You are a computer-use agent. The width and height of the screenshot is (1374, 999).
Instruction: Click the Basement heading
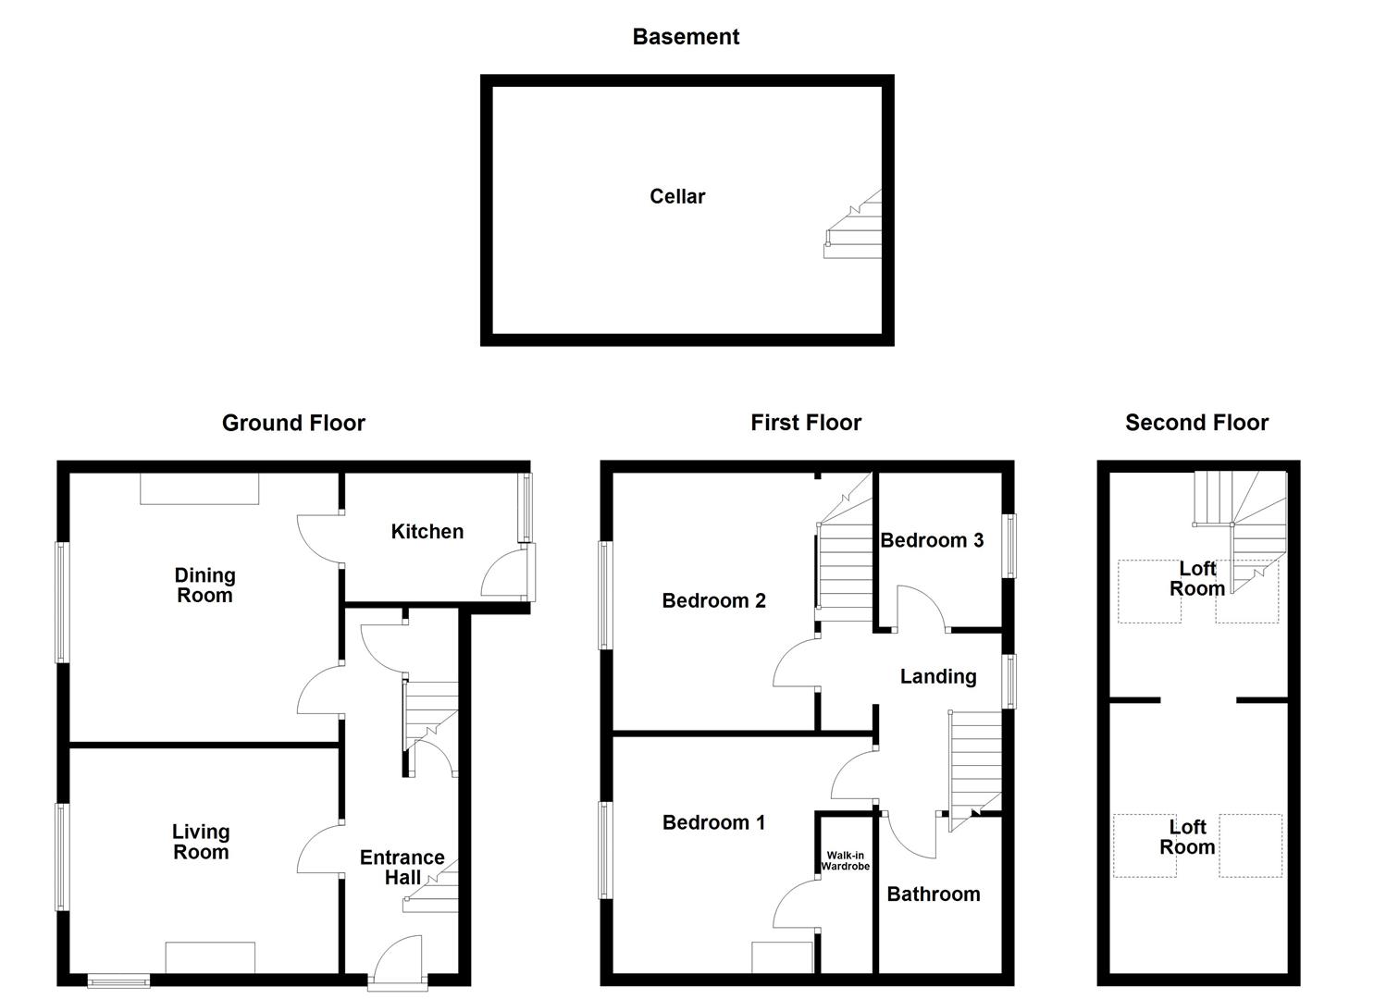pyautogui.click(x=686, y=37)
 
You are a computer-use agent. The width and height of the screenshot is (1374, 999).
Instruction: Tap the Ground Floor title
pyautogui.click(x=293, y=423)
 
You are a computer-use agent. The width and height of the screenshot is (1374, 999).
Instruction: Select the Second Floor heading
pyautogui.click(x=1196, y=423)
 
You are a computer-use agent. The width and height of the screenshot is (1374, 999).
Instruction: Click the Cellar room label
pyautogui.click(x=677, y=196)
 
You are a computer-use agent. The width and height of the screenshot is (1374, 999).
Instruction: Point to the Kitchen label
pyautogui.click(x=427, y=531)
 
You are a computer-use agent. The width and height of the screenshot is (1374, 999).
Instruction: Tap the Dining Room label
pyautogui.click(x=204, y=586)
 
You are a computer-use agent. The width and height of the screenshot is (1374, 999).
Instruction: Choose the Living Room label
pyautogui.click(x=201, y=842)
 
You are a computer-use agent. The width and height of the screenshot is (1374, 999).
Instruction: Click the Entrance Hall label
pyautogui.click(x=402, y=867)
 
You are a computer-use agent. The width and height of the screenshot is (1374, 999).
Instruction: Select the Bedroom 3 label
pyautogui.click(x=931, y=540)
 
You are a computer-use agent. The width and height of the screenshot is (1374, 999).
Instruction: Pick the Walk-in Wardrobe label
pyautogui.click(x=846, y=861)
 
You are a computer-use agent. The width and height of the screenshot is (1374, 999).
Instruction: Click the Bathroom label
pyautogui.click(x=933, y=894)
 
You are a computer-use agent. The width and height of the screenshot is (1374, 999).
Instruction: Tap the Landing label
pyautogui.click(x=938, y=676)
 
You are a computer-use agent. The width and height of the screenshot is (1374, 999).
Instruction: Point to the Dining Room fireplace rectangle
pyautogui.click(x=199, y=488)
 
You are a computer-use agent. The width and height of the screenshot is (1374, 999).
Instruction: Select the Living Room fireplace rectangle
pyautogui.click(x=210, y=957)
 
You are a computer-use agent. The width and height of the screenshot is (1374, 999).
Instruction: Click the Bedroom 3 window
pyautogui.click(x=1011, y=546)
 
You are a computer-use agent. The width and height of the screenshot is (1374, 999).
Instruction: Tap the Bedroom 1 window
pyautogui.click(x=605, y=850)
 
